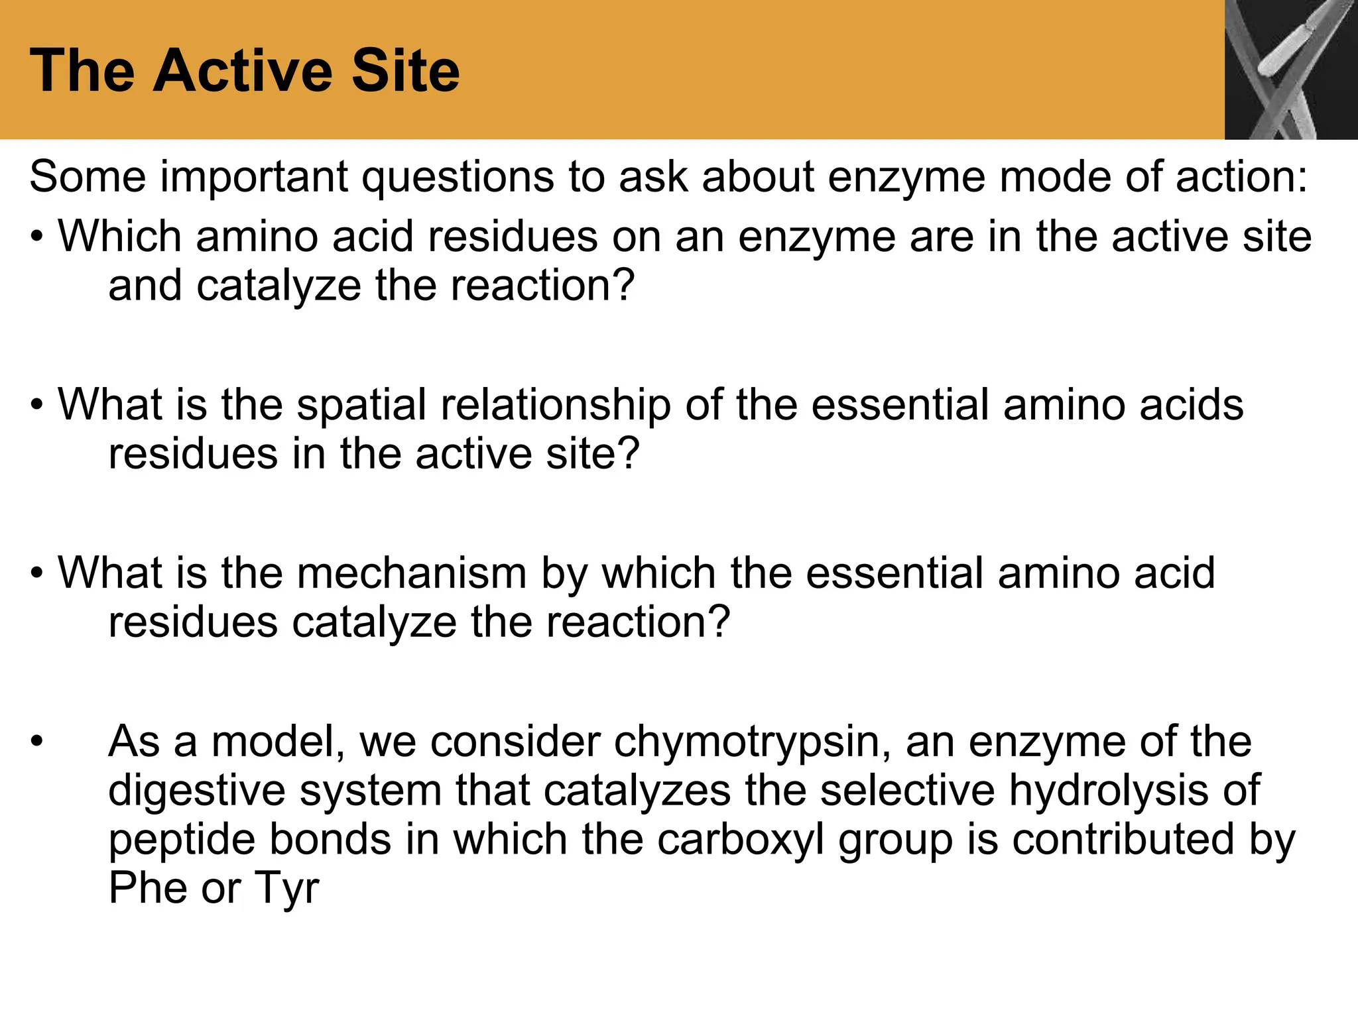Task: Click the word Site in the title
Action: pyautogui.click(x=405, y=71)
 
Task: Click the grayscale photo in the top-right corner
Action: pyautogui.click(x=1290, y=70)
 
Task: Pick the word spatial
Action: pyautogui.click(x=361, y=405)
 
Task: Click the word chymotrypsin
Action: pyautogui.click(x=752, y=742)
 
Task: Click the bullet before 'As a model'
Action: pyautogui.click(x=36, y=742)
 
